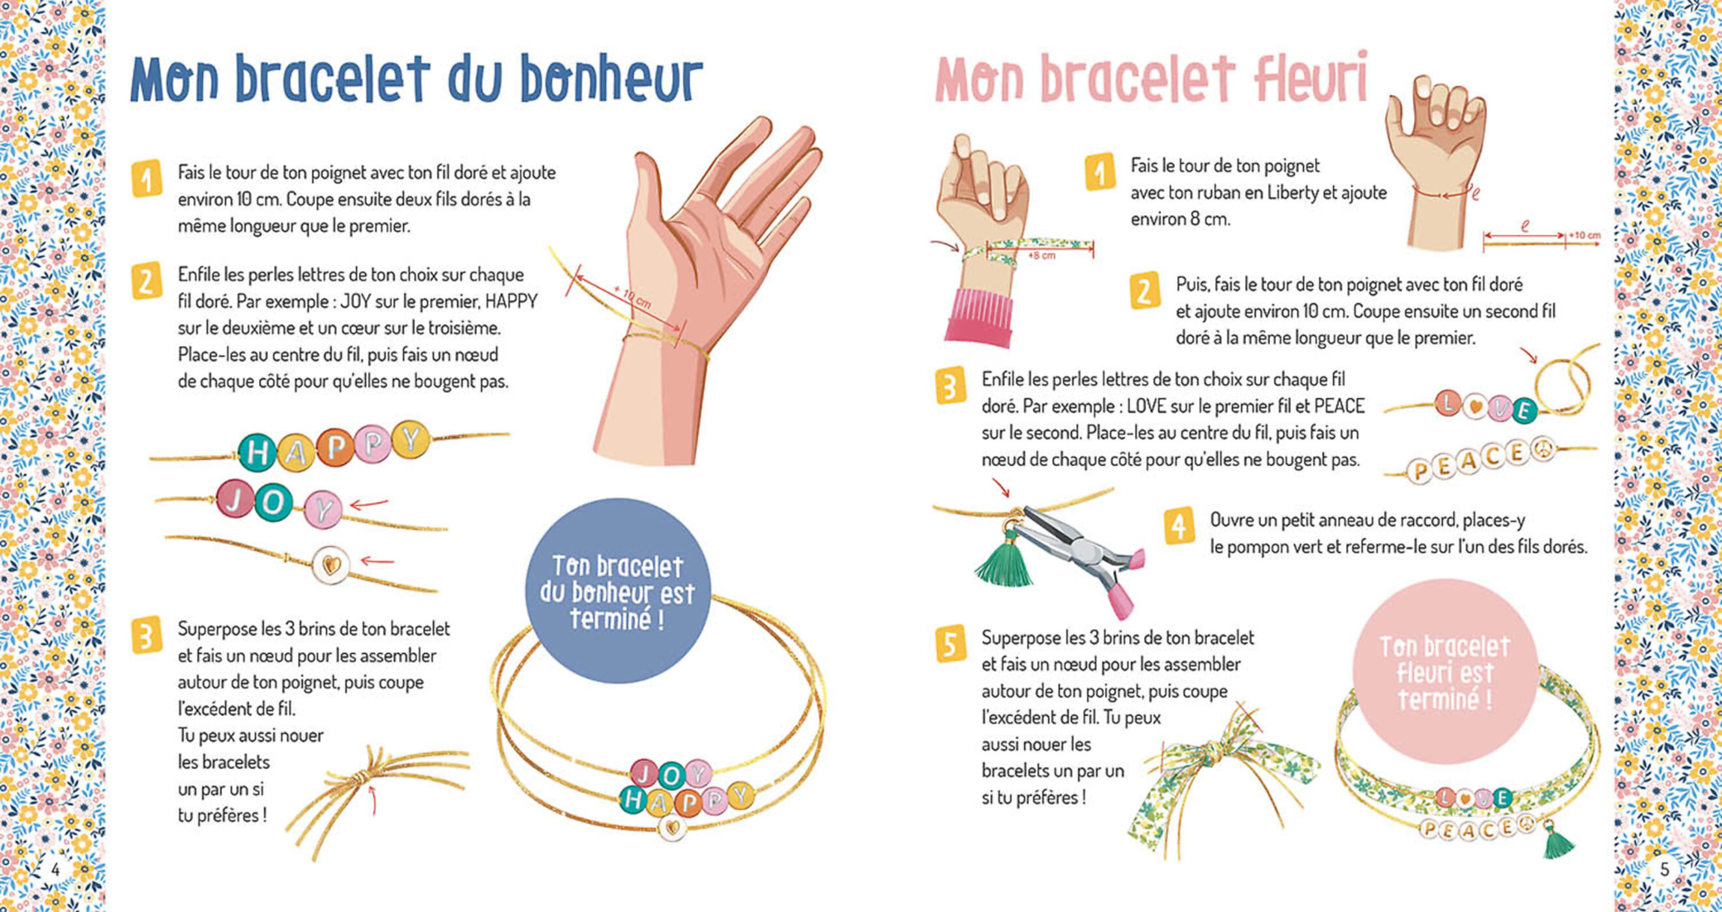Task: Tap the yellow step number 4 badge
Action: [1178, 527]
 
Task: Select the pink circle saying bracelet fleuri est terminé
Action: [1444, 672]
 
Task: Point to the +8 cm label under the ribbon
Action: [1042, 256]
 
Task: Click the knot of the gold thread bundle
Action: [362, 778]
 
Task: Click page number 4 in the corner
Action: [55, 869]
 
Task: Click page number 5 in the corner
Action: [1665, 869]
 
